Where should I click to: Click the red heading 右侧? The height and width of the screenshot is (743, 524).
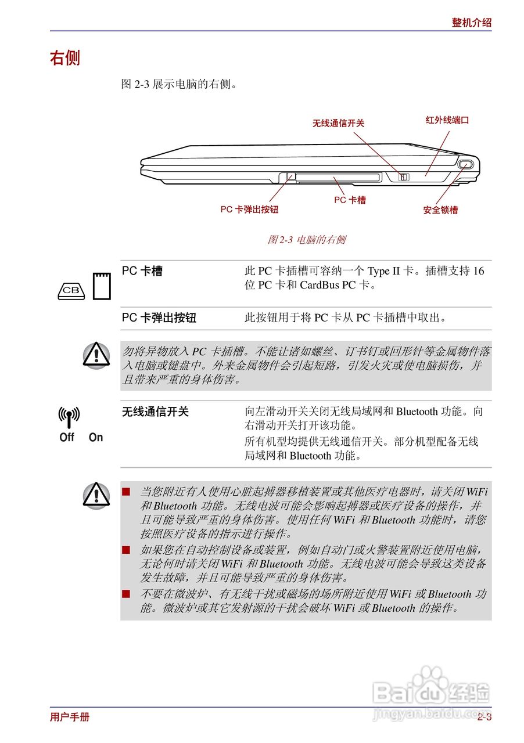pyautogui.click(x=64, y=58)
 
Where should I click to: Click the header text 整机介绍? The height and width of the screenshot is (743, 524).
pyautogui.click(x=471, y=23)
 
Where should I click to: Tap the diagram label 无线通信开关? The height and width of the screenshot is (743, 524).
pyautogui.click(x=338, y=123)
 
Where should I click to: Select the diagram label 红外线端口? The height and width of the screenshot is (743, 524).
pyautogui.click(x=447, y=120)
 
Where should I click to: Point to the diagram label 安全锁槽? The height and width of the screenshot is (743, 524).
pyautogui.click(x=440, y=210)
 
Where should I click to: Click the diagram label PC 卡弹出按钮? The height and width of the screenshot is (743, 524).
pyautogui.click(x=249, y=209)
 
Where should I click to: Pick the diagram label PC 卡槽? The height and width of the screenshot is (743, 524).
pyautogui.click(x=350, y=200)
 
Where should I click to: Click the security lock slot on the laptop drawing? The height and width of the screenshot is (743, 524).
pyautogui.click(x=466, y=165)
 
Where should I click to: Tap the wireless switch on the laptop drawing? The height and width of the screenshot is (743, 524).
pyautogui.click(x=404, y=176)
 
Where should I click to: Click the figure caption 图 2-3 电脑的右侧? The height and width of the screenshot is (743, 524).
pyautogui.click(x=306, y=239)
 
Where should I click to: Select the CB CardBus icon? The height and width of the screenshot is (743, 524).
pyautogui.click(x=71, y=290)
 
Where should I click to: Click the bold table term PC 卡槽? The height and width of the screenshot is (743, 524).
pyautogui.click(x=142, y=271)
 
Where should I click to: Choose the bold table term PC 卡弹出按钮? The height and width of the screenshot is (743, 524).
pyautogui.click(x=159, y=318)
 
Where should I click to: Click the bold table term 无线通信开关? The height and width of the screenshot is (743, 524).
pyautogui.click(x=155, y=412)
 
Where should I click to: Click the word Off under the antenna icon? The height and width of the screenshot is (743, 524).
pyautogui.click(x=67, y=438)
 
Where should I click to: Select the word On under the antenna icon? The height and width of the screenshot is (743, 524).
pyautogui.click(x=96, y=438)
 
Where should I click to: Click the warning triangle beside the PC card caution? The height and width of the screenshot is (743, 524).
pyautogui.click(x=96, y=355)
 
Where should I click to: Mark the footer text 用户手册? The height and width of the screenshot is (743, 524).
pyautogui.click(x=70, y=717)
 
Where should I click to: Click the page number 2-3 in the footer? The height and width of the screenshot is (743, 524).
pyautogui.click(x=484, y=717)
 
